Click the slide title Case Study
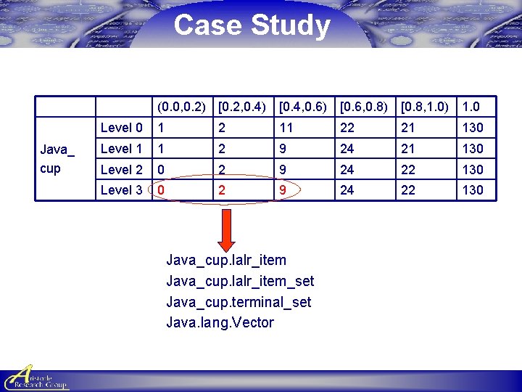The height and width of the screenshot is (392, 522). pos(252,25)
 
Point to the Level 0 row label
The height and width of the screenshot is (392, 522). pos(121,128)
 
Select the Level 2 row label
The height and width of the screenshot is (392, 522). pos(121,169)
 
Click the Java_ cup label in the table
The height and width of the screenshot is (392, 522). pos(56,159)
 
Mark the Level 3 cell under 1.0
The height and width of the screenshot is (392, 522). pos(473,190)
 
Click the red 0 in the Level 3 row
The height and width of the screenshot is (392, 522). pos(161,190)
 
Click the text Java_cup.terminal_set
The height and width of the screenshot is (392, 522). pos(239,302)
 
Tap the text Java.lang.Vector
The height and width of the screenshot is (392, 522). pos(220,322)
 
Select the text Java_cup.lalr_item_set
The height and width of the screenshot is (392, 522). pos(240,281)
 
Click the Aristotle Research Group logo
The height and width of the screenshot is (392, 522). pos(36,377)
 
